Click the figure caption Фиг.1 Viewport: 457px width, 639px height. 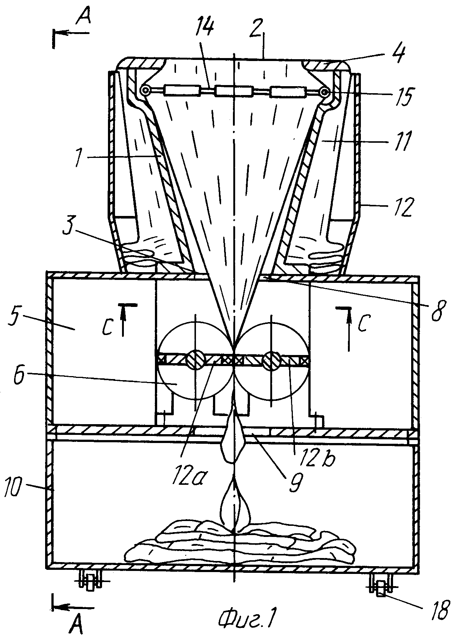coord(247,617)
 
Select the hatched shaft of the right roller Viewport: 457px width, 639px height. coord(271,360)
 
